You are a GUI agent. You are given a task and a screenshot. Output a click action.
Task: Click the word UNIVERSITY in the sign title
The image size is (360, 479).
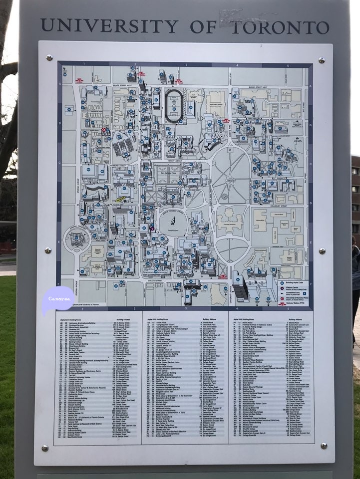108,25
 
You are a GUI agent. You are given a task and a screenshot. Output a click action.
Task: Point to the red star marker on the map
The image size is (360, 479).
104,130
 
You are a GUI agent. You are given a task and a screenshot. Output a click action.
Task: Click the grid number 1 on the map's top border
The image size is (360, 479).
84,64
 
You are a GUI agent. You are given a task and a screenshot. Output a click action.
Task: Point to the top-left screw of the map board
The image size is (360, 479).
49,58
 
